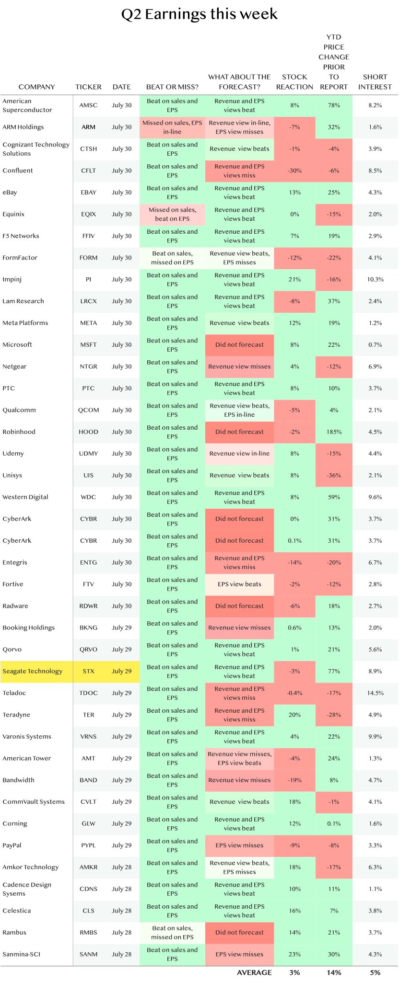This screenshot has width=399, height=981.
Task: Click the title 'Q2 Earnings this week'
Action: [x=199, y=14]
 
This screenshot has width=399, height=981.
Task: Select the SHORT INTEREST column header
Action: [x=375, y=82]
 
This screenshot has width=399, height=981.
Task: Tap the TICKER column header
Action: [x=88, y=87]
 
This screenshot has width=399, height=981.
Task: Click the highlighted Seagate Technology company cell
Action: [x=36, y=671]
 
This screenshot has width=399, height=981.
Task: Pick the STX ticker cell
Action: [x=88, y=671]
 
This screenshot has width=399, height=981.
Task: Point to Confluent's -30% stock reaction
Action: [x=294, y=171]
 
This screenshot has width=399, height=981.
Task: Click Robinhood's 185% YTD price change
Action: [x=334, y=432]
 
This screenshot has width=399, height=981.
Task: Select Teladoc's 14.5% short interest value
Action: [x=375, y=693]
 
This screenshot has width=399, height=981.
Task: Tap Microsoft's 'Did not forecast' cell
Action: [x=239, y=344]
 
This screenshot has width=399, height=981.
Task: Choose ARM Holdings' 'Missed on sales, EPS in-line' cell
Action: [x=172, y=127]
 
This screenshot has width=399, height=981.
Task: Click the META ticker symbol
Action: [x=88, y=323]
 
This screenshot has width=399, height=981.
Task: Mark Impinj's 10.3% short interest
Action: [x=375, y=279]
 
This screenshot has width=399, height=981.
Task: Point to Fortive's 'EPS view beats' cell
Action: [x=239, y=584]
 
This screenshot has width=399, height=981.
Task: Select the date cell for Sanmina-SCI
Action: [x=121, y=954]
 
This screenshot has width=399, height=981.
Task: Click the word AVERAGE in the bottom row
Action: [x=254, y=972]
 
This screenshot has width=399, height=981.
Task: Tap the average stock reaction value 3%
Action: [x=294, y=972]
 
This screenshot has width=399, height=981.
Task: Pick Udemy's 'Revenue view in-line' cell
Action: [x=239, y=454]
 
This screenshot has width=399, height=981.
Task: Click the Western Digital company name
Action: [x=25, y=497]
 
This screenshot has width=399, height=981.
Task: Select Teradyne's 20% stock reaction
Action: [x=294, y=715]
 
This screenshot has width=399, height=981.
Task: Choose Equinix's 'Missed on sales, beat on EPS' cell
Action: [x=172, y=214]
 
